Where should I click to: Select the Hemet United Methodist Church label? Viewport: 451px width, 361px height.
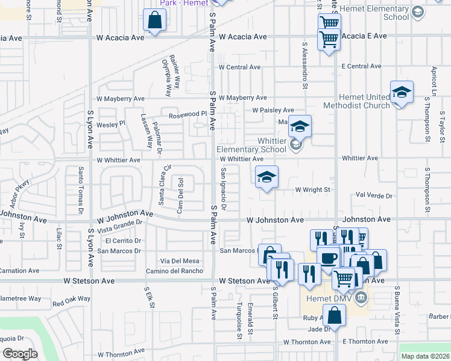(356, 102)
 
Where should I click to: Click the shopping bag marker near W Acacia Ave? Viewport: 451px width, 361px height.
(155, 22)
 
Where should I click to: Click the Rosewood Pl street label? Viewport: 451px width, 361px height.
(188, 114)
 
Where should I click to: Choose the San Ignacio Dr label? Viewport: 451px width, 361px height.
(223, 190)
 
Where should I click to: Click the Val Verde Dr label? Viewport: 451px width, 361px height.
(374, 196)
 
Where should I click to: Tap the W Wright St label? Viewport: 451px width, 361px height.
(312, 190)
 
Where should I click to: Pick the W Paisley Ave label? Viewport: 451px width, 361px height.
(273, 110)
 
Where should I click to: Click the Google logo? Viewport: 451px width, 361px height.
(19, 354)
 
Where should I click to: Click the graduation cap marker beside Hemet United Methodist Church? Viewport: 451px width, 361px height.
(402, 93)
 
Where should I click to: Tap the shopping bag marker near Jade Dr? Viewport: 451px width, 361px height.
(334, 315)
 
